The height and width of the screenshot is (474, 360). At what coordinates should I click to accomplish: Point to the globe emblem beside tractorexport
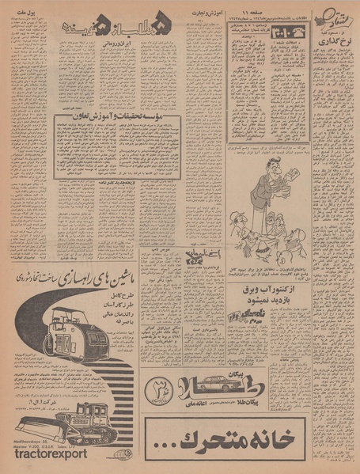[98, 457]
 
